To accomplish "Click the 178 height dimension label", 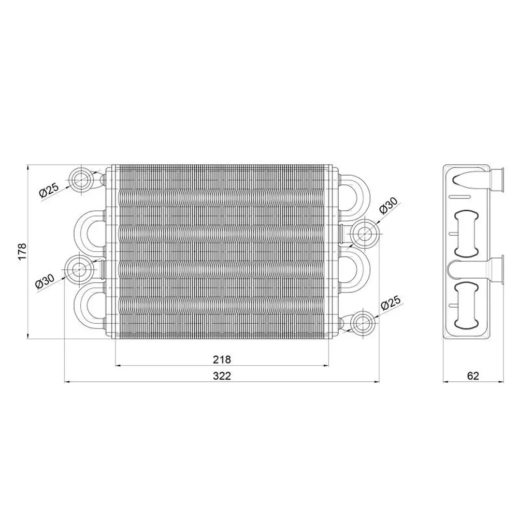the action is tap(22, 252).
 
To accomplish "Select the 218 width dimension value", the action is tap(222, 359).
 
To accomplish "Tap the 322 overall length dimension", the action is tap(222, 376).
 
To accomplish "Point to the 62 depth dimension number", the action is tap(473, 376).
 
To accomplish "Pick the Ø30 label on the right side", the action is tap(388, 206).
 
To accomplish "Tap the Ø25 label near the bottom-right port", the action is tap(391, 303).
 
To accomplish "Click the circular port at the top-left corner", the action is tap(80, 179).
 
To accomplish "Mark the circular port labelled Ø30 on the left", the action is tap(79, 269).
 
